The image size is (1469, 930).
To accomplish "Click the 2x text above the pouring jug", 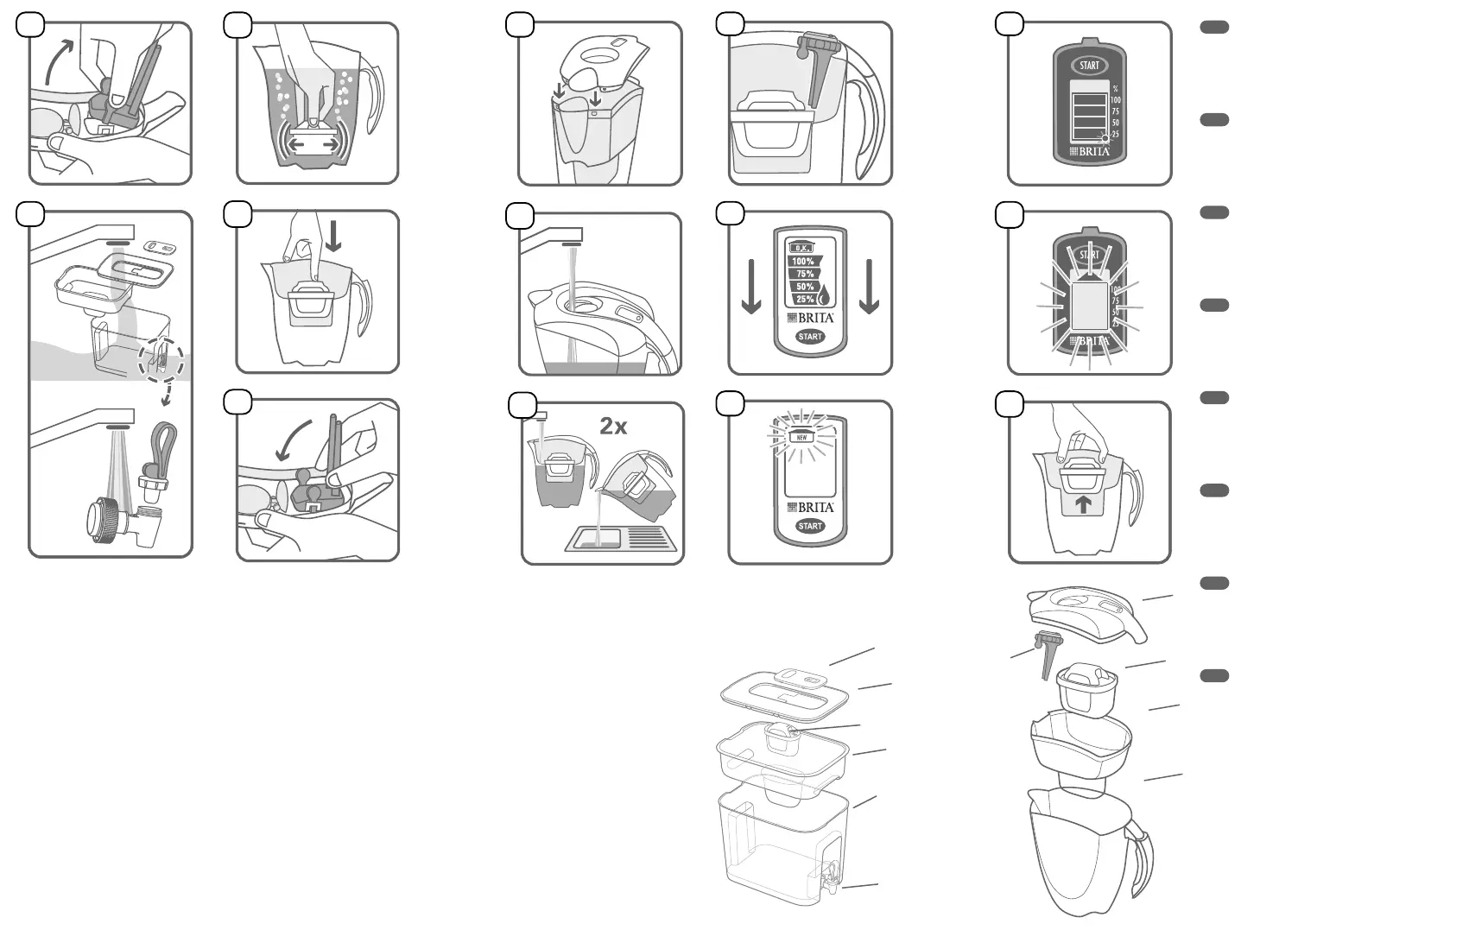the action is [613, 426].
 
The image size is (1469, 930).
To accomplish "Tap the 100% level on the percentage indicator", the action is [804, 261].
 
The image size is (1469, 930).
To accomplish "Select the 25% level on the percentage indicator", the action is [805, 299].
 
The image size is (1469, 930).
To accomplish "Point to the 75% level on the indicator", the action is [805, 274].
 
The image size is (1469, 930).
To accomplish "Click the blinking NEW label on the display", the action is [801, 437].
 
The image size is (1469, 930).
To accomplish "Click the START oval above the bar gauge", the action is [1089, 66].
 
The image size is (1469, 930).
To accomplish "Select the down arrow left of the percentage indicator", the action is [751, 288].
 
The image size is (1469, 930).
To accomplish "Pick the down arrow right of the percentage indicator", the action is [869, 288].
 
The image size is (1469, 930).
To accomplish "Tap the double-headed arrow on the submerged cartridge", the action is [313, 146].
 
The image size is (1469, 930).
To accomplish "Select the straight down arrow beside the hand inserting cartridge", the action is [333, 235].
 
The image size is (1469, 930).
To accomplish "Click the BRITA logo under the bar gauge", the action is [1089, 152].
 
